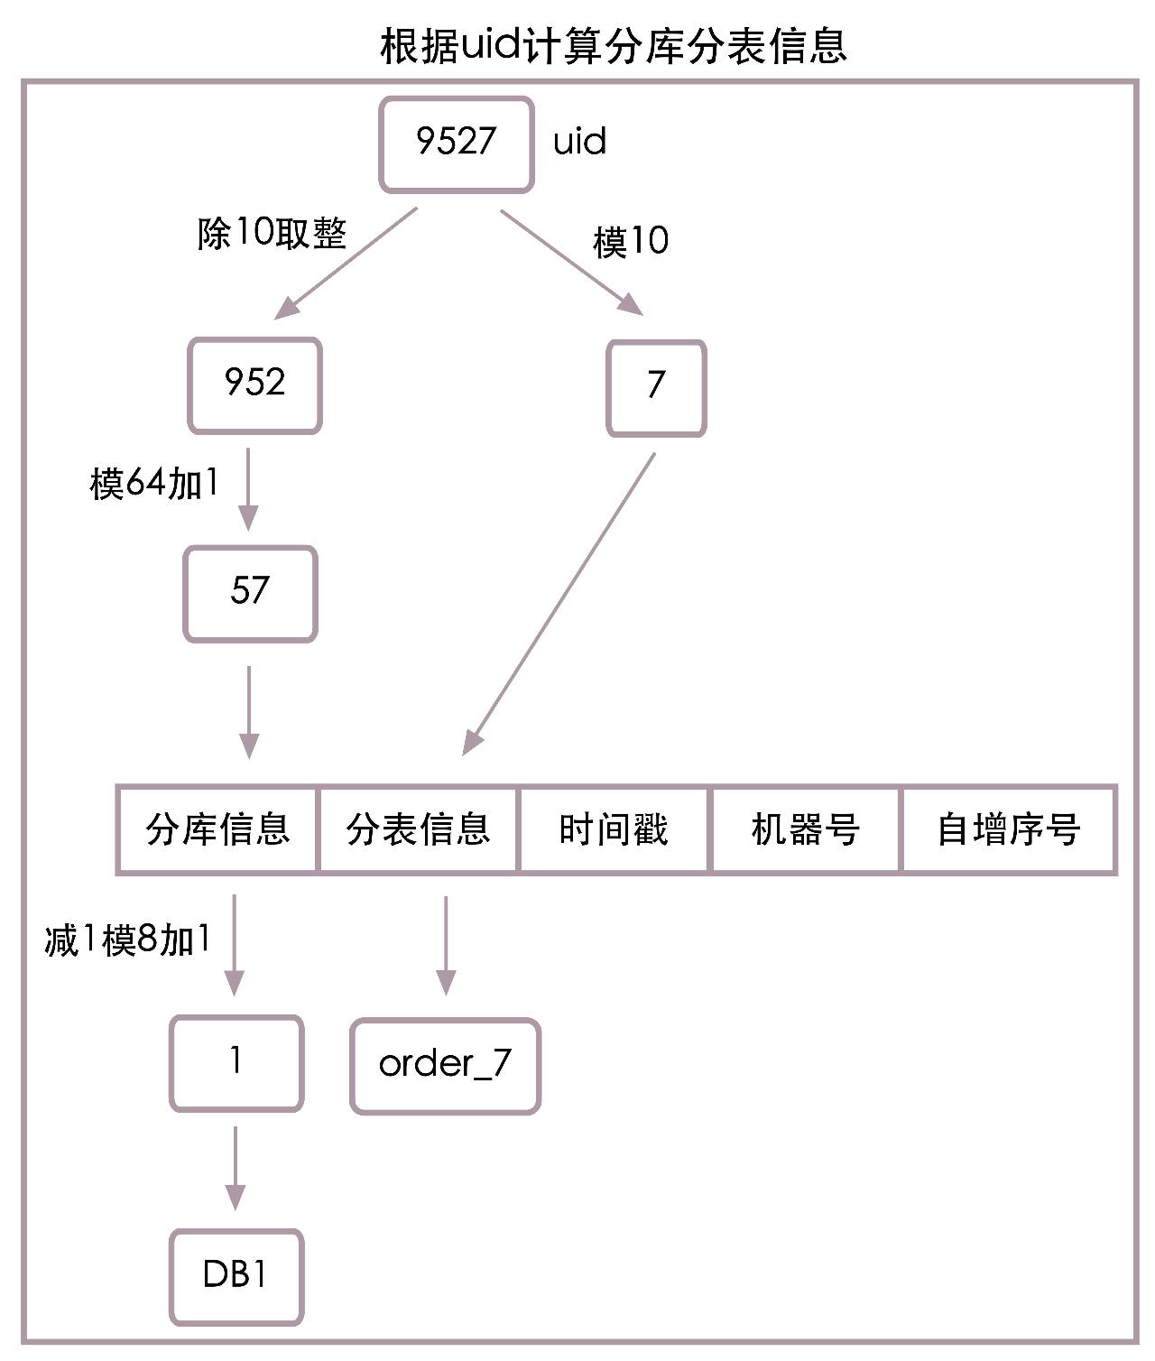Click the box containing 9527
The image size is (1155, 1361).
pyautogui.click(x=456, y=144)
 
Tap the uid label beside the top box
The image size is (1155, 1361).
pyautogui.click(x=579, y=142)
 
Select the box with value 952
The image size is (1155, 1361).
pyautogui.click(x=254, y=385)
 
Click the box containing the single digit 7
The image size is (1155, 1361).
pyautogui.click(x=656, y=388)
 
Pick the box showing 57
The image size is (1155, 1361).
pyautogui.click(x=250, y=594)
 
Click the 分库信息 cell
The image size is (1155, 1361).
pyautogui.click(x=217, y=829)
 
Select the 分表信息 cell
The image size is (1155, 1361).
pyautogui.click(x=419, y=829)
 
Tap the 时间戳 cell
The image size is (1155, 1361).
pyautogui.click(x=614, y=829)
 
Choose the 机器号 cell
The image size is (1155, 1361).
pyautogui.click(x=806, y=829)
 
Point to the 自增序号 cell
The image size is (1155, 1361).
pyautogui.click(x=1009, y=829)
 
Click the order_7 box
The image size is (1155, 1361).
pyautogui.click(x=445, y=1066)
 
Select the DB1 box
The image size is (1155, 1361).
pyautogui.click(x=236, y=1276)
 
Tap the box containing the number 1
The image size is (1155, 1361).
pyautogui.click(x=236, y=1062)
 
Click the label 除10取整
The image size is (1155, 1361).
pyautogui.click(x=272, y=235)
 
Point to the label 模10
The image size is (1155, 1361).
pyautogui.click(x=631, y=242)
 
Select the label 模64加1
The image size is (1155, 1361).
pyautogui.click(x=154, y=484)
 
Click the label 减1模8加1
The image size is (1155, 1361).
pyautogui.click(x=128, y=941)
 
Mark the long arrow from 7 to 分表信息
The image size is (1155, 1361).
pyautogui.click(x=559, y=603)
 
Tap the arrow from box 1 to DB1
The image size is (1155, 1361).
pyautogui.click(x=236, y=1168)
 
